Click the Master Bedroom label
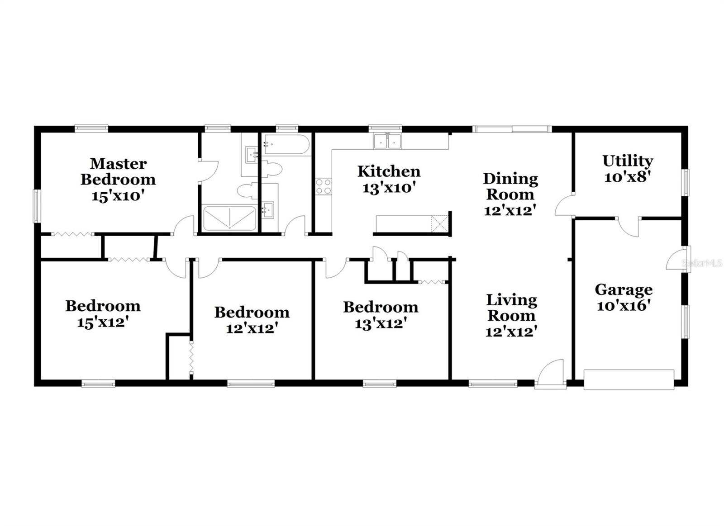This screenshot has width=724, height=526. point(118,171)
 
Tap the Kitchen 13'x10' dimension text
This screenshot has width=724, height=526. point(389,188)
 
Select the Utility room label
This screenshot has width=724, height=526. point(628,161)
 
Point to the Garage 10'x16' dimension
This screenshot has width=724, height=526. point(624,306)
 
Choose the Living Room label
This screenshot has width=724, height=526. point(511,308)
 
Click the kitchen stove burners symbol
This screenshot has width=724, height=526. point(324,186)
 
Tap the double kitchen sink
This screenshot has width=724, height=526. point(387,142)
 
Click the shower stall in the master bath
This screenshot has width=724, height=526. point(229,218)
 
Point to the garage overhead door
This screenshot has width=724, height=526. point(629,379)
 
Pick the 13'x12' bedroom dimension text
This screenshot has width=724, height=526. point(381,323)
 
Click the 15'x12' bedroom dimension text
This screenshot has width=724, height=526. point(103,322)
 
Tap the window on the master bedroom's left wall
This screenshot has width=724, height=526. point(37,206)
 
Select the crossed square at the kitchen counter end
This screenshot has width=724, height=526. point(439,224)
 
